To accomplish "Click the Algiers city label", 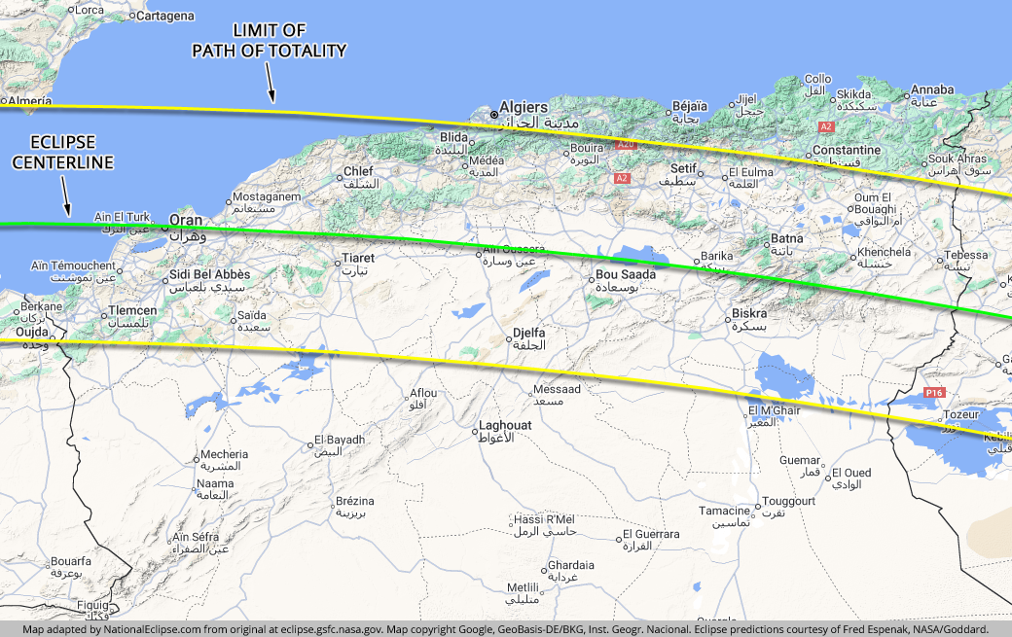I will [523, 107].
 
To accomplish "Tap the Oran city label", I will [186, 220].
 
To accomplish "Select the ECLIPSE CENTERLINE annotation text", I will [62, 153].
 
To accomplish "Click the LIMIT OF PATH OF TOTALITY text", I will [269, 42].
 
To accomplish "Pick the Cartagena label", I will [164, 17].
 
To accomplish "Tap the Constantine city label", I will [846, 151].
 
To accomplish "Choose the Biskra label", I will [748, 314].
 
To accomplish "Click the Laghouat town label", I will [505, 425].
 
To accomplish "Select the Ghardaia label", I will [571, 565].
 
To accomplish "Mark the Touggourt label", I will [788, 501].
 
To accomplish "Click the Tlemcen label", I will [132, 310].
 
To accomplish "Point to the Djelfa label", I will [529, 333].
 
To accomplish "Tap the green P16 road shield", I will [934, 392].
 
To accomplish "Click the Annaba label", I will [932, 91].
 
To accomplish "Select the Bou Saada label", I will [626, 274].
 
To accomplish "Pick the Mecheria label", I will [224, 454].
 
